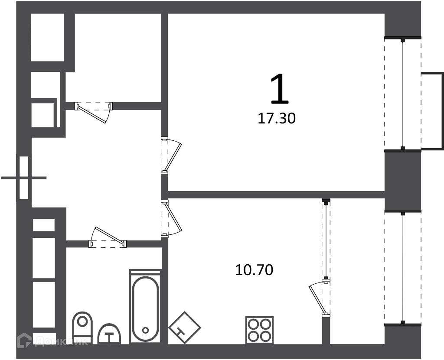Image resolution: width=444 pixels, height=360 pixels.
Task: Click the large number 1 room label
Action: click(x=279, y=88)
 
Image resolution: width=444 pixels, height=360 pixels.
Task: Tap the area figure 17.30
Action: click(x=277, y=118)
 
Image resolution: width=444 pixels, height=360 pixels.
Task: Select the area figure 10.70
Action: click(x=254, y=270)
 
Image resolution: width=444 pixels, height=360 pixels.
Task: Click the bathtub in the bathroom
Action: click(x=145, y=307)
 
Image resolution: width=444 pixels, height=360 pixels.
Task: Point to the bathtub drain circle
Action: click(x=146, y=330)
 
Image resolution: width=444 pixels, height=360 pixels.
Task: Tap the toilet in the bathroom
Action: click(x=82, y=328)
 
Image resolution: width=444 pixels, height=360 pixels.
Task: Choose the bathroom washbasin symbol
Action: click(x=109, y=334)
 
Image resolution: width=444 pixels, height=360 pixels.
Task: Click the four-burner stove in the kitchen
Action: click(x=259, y=330)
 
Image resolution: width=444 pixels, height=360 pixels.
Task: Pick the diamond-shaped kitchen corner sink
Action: click(x=185, y=328)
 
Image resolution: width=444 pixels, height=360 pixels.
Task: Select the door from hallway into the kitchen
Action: click(x=172, y=218)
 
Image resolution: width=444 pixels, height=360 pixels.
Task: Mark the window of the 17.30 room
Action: click(x=403, y=94)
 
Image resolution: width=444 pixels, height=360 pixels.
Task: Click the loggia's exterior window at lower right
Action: click(x=403, y=268)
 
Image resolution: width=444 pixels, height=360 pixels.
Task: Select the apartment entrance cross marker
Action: click(x=24, y=178)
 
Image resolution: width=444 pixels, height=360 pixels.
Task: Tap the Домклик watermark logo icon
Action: click(x=24, y=341)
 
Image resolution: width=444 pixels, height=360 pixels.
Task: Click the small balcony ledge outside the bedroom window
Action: click(x=432, y=110)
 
